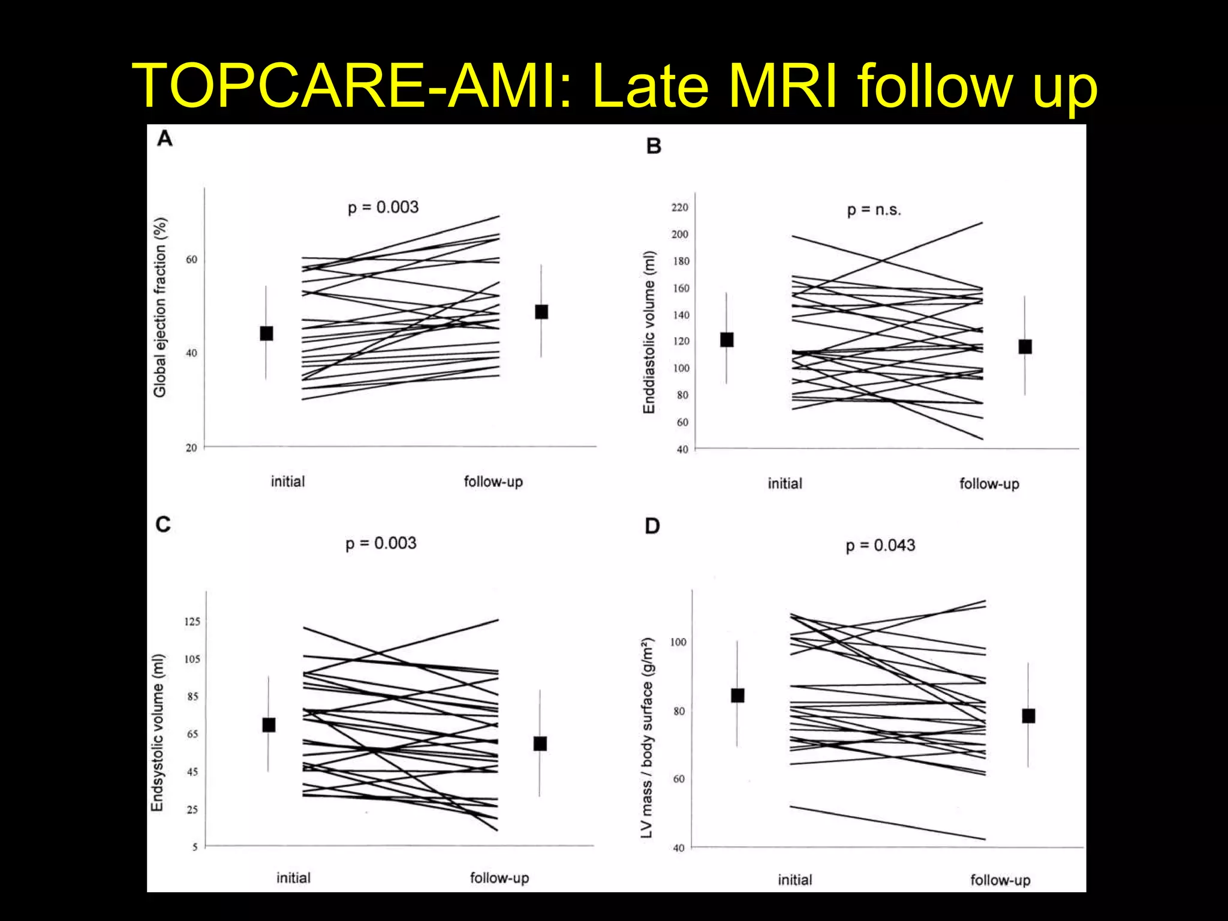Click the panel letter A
[x=165, y=139]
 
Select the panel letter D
[x=652, y=526]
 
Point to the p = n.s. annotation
[x=874, y=210]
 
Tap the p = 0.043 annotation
[x=880, y=546]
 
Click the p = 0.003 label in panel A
[x=383, y=207]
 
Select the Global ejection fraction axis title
[x=160, y=307]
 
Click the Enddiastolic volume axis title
[x=649, y=332]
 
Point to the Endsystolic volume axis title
[x=157, y=733]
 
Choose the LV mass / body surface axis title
[x=647, y=738]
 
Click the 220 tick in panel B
[x=679, y=207]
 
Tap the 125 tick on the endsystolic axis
[x=192, y=622]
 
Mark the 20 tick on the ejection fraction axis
[x=191, y=447]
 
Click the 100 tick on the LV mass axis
[x=678, y=642]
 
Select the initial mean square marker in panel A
[x=267, y=333]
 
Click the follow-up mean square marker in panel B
[x=1025, y=347]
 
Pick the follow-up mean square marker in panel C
[x=540, y=744]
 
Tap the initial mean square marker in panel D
[x=738, y=696]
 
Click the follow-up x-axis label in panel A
[x=493, y=482]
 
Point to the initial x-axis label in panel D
[x=795, y=880]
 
